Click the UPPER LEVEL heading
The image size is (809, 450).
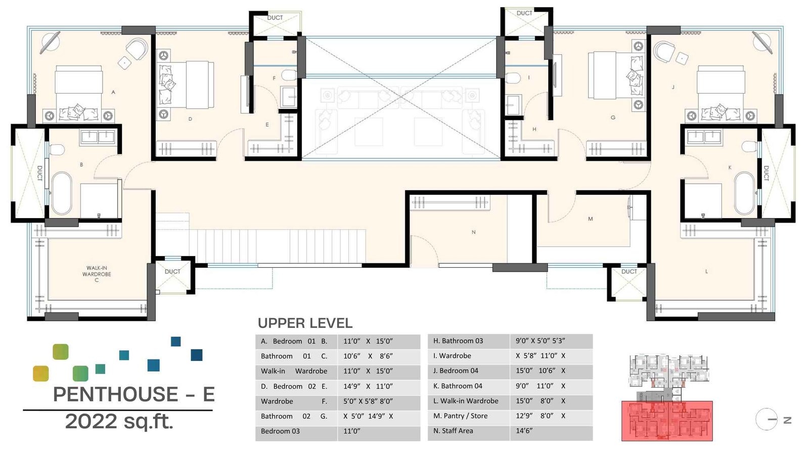tap(305, 323)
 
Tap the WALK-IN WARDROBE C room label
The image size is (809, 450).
tap(97, 274)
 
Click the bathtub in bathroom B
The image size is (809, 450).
tap(62, 193)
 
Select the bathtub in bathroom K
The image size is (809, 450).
tap(744, 193)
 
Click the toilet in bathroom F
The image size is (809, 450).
tap(289, 76)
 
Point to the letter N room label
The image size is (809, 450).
tap(473, 232)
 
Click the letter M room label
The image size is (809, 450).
tap(590, 219)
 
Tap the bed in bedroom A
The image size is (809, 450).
tap(79, 94)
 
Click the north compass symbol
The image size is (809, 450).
tap(767, 419)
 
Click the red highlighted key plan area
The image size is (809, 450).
tap(667, 421)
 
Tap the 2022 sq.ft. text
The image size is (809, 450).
tap(119, 421)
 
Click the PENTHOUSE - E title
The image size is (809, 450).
tap(134, 394)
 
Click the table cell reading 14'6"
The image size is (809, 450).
tap(524, 431)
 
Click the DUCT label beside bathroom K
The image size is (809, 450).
tap(766, 173)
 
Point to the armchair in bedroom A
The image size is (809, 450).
tap(137, 50)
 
